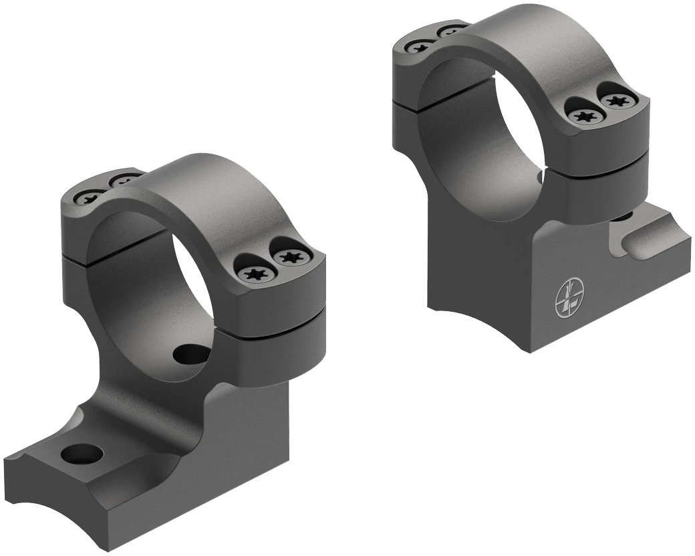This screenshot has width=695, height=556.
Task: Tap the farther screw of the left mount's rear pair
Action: coord(122,181)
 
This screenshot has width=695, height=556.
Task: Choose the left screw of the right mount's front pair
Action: coord(586,116)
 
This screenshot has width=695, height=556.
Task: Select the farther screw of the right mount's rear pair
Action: coord(451,31)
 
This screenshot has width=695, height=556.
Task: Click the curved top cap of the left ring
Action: coord(200,194)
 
